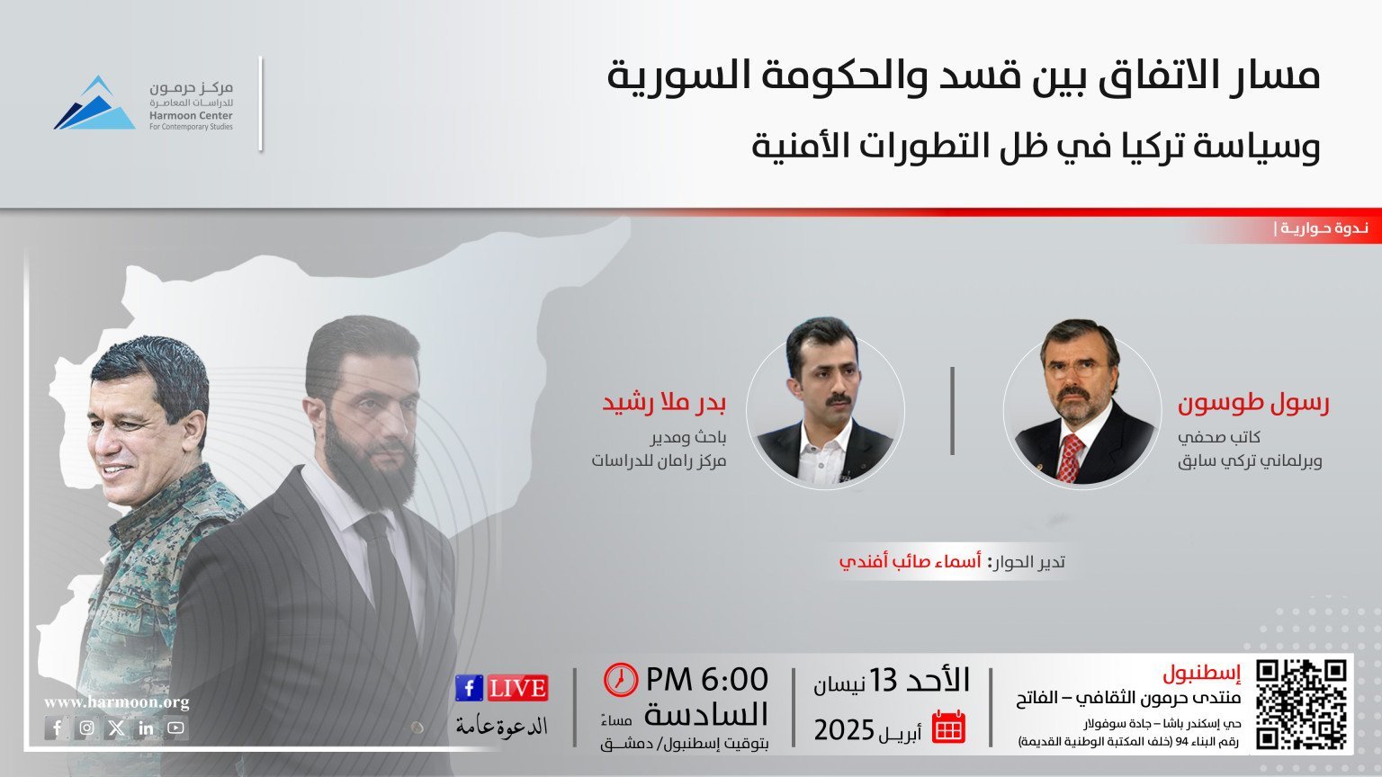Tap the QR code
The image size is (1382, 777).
1302,705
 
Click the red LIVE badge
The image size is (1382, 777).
517,688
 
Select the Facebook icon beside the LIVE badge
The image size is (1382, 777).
470,688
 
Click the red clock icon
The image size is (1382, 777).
621,680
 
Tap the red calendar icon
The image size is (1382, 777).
948,727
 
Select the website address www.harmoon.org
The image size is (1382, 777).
117,702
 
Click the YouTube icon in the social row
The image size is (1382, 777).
175,728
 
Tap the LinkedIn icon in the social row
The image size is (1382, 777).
147,728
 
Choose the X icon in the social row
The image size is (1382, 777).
117,728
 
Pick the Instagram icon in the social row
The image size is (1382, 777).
87,728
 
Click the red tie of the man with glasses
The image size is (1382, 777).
1071,458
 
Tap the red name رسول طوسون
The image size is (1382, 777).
1253,403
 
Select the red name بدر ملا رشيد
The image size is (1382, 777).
664,403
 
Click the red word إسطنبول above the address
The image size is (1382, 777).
1202,674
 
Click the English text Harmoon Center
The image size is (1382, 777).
191,115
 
